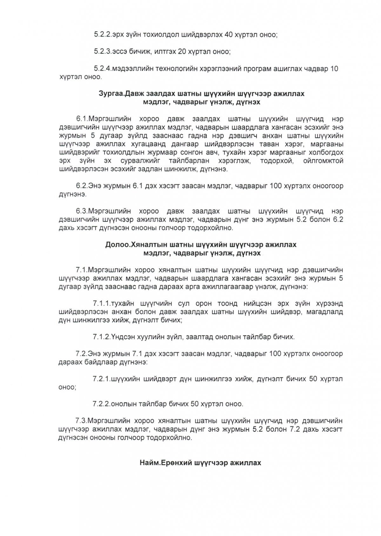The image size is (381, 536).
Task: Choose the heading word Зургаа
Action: pyautogui.click(x=111, y=94)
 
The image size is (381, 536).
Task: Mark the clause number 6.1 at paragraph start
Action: pyautogui.click(x=82, y=119)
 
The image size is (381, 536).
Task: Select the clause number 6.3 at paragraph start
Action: pyautogui.click(x=82, y=211)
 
